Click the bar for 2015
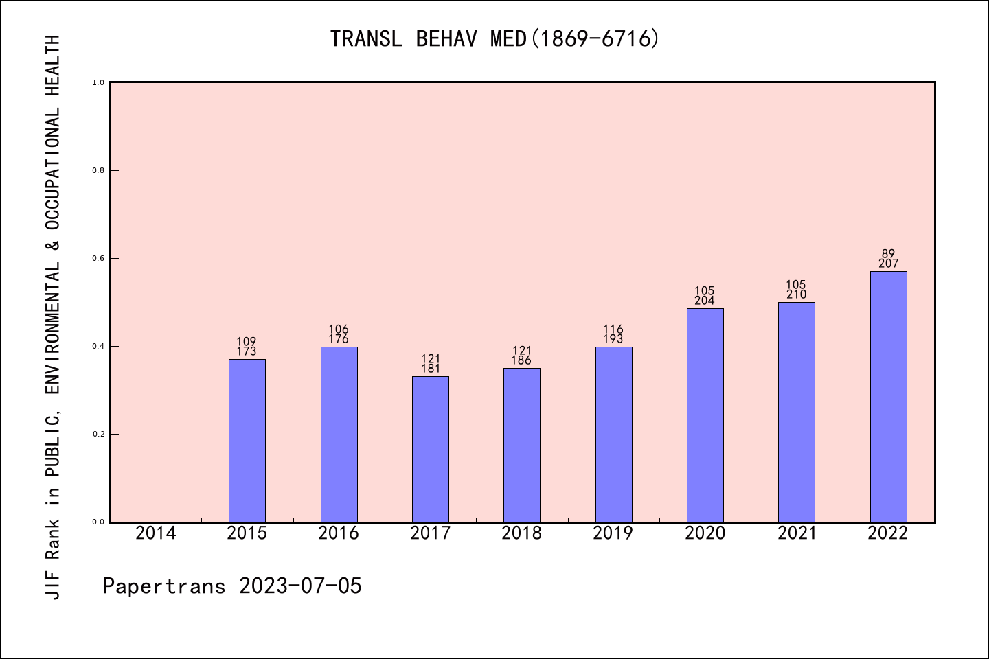tap(247, 440)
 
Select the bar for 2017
tap(430, 449)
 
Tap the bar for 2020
tap(705, 415)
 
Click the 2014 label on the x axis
tap(155, 533)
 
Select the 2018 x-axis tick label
tap(521, 533)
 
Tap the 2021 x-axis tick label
tap(796, 533)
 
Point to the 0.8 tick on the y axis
tap(98, 170)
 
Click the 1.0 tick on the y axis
tap(98, 82)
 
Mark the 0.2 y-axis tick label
tap(98, 434)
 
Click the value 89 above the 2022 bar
tap(888, 254)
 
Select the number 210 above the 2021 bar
tap(796, 294)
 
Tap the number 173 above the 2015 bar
tap(247, 351)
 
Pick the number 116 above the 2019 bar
tap(613, 329)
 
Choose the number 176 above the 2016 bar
tap(339, 339)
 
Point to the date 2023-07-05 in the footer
tap(300, 586)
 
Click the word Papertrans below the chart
tap(164, 586)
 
